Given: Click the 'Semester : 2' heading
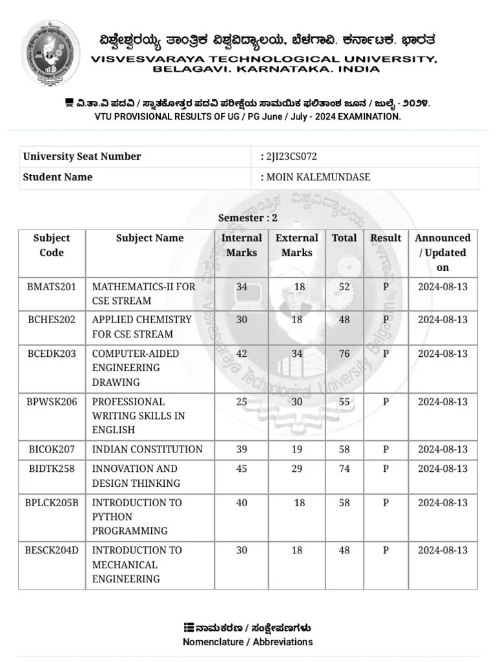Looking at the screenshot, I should pos(247,218).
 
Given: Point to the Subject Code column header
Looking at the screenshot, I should pos(52,245).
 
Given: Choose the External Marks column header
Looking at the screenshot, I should pos(296,245).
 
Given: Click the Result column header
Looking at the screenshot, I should pos(386,238).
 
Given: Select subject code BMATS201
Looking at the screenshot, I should pos(52,286).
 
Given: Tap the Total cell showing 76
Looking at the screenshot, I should pos(344,354).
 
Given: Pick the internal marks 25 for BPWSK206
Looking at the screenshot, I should pos(242,401).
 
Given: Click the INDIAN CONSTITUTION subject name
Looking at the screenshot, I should pos(147,449).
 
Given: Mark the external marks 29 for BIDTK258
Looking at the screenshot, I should pos(296,469).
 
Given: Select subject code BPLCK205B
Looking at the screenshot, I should pos(52,502).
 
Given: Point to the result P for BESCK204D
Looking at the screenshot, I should pos(386,550).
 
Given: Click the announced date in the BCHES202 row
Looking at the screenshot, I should pos(442,319).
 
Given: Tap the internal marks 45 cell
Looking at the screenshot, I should pos(242,469).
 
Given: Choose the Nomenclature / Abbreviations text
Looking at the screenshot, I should pos(247,642).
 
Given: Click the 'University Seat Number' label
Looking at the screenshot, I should pos(82,156).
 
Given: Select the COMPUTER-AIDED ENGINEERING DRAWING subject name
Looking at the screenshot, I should pos(136,368).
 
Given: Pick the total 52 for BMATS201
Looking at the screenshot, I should pos(344,286).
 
